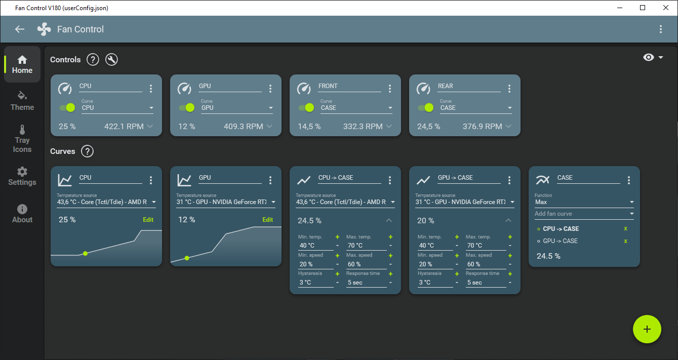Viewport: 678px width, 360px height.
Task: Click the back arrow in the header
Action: [20, 29]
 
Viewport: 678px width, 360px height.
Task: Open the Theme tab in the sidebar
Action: [22, 101]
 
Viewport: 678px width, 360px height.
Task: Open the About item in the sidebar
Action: [22, 214]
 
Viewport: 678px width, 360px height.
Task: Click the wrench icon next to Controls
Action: [111, 60]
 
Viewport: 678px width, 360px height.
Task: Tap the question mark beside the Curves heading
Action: [87, 151]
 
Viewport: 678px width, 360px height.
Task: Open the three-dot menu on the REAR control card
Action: [509, 89]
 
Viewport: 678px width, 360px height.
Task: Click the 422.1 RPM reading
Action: [124, 127]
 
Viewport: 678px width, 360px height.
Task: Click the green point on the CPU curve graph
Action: [85, 253]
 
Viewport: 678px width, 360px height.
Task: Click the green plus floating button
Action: [647, 329]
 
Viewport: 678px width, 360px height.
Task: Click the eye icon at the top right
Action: [649, 58]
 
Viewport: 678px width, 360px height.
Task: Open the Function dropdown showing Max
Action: [584, 202]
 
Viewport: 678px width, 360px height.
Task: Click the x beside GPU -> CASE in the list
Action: [626, 241]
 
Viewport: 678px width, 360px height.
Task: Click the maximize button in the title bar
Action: [643, 8]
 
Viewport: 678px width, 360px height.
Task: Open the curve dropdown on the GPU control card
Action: [237, 108]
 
